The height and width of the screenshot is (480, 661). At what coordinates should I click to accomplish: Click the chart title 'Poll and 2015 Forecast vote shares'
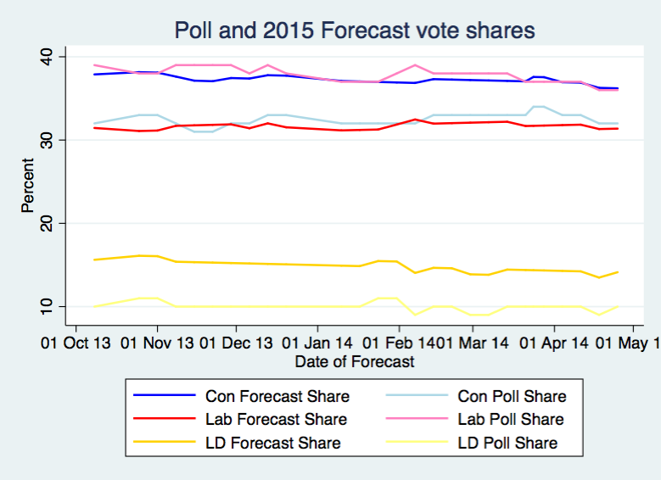pos(354,31)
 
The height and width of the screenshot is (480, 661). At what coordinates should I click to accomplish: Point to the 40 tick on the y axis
pos(43,56)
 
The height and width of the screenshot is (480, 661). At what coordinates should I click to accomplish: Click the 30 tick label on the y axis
pos(43,139)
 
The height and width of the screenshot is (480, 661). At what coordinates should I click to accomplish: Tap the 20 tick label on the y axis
pos(43,222)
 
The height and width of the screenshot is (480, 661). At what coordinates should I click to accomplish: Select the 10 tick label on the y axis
pos(43,305)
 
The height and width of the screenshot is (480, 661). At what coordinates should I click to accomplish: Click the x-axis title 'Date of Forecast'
pos(355,362)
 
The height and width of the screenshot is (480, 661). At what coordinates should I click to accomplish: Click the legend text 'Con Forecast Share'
pos(277,396)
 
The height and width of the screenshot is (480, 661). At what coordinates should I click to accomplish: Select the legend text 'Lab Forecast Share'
pos(276,419)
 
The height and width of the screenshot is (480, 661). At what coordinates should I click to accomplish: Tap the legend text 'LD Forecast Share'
pos(272,443)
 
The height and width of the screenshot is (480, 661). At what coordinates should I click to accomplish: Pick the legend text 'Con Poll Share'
pos(512,396)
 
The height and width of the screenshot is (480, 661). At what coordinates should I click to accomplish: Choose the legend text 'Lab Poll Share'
pos(511,419)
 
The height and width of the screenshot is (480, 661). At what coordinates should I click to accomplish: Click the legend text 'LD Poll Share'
pos(507,443)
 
